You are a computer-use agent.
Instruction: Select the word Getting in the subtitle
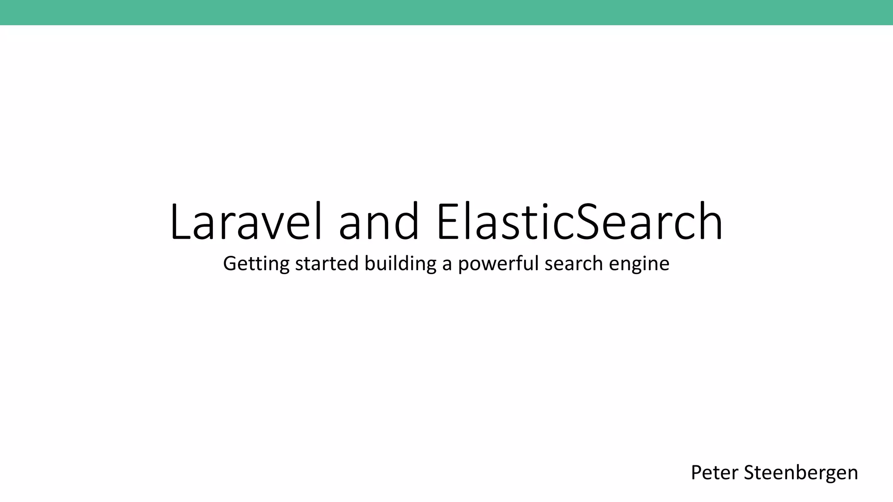pos(256,264)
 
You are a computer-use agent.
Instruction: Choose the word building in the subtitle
pos(400,264)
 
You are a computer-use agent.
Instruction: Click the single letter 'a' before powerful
pos(447,265)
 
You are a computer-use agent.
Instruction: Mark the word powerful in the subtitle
pos(499,264)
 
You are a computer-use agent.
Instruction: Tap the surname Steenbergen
pos(801,473)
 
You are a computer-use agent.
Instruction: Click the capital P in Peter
pos(696,473)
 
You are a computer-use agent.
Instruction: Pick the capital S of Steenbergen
pos(748,473)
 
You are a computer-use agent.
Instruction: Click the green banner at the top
pos(446,12)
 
